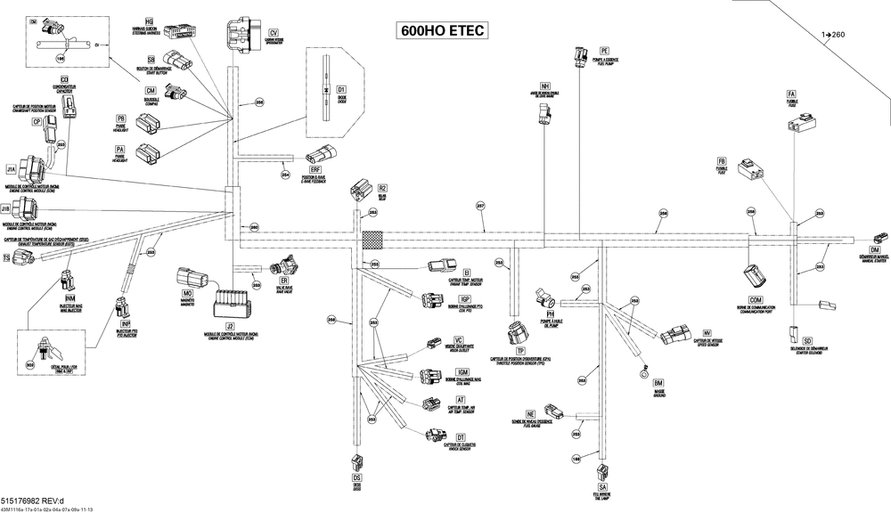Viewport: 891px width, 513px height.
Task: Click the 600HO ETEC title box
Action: click(443, 30)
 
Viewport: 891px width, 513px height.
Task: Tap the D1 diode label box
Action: click(340, 90)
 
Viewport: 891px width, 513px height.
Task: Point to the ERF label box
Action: click(315, 168)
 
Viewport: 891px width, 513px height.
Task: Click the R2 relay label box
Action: click(382, 188)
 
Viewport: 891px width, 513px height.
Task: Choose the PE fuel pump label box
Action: click(604, 51)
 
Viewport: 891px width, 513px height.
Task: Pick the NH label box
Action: click(545, 85)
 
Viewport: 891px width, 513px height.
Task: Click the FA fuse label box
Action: click(790, 94)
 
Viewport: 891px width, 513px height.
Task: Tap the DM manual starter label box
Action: click(875, 250)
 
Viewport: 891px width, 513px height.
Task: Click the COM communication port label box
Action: click(756, 299)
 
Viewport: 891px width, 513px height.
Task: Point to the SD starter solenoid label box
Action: click(806, 341)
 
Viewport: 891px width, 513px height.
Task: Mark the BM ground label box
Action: click(658, 382)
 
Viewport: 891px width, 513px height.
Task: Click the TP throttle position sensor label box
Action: click(519, 352)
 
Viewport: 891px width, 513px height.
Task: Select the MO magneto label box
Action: click(188, 293)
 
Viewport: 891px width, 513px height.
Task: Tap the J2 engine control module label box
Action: click(230, 327)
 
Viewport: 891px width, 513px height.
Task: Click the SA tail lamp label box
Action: click(603, 486)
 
